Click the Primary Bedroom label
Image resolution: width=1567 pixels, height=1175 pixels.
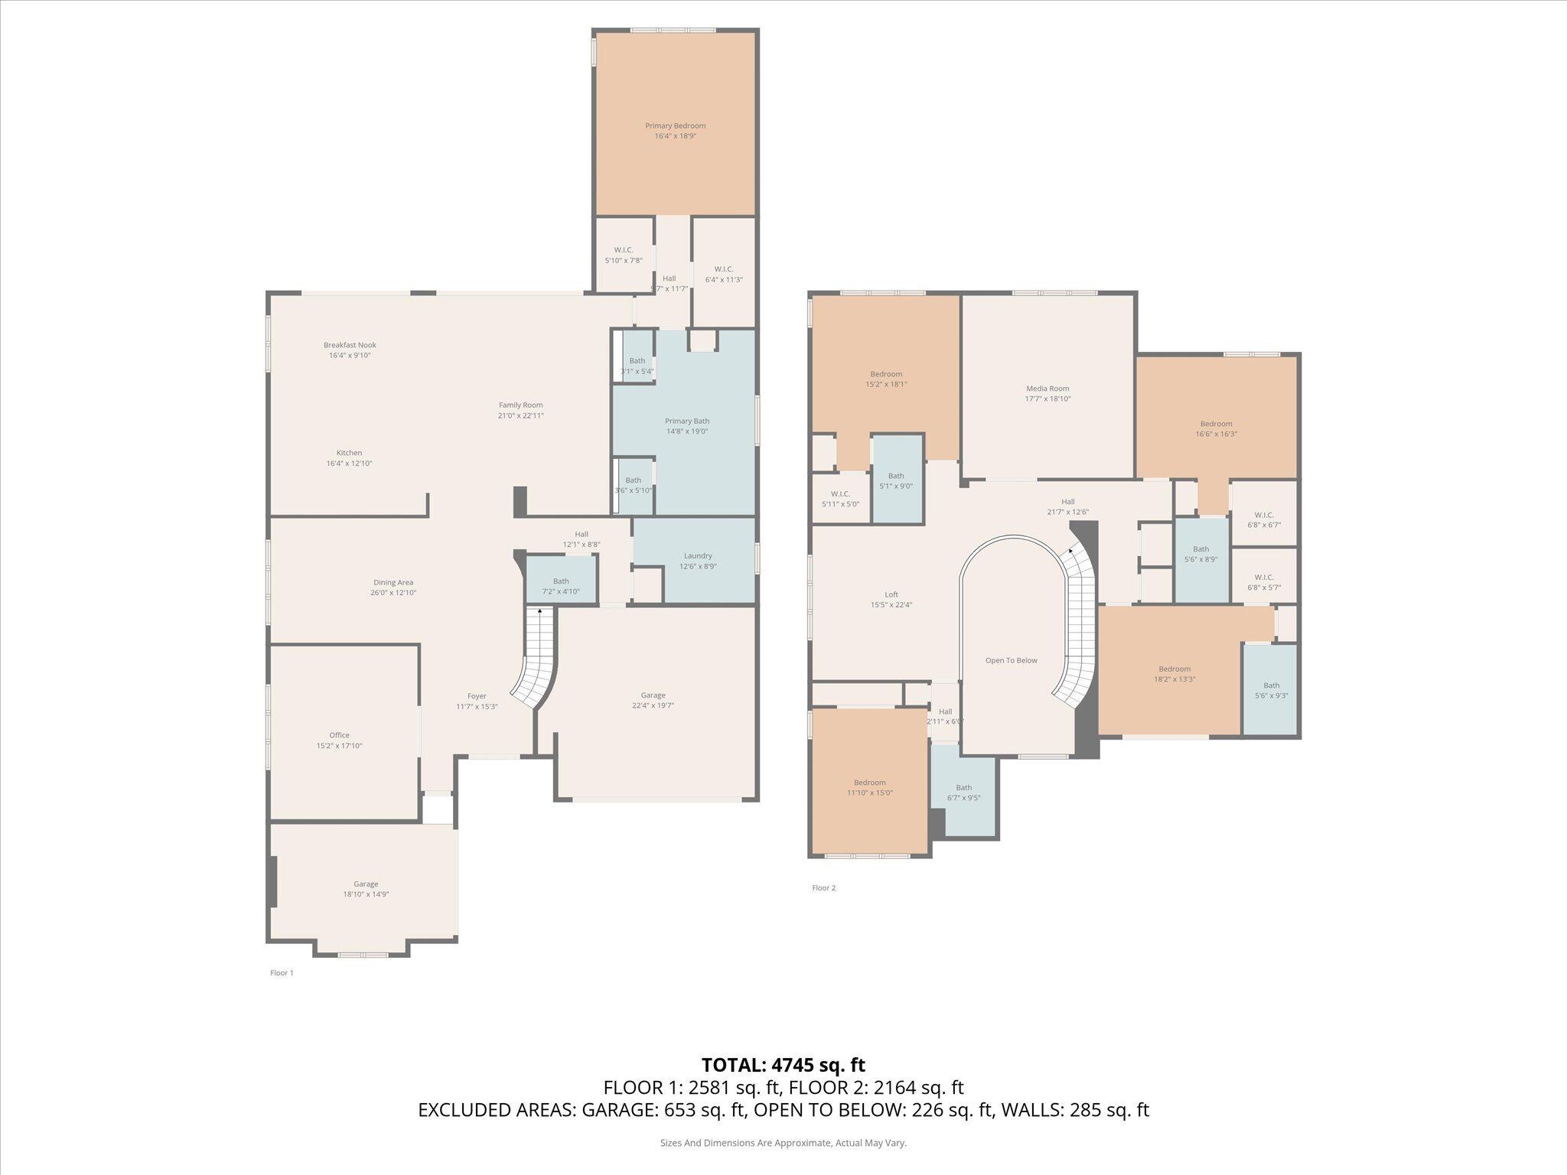(x=675, y=126)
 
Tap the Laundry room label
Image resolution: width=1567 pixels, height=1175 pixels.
(x=697, y=556)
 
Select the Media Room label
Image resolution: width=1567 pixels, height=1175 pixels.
(x=1047, y=389)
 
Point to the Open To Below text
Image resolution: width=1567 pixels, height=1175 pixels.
(x=1011, y=660)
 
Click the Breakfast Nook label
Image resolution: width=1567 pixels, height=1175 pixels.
(x=350, y=345)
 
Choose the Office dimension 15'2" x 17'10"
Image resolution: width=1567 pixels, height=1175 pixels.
(x=339, y=745)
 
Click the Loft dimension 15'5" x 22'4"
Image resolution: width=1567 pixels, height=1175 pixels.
(x=891, y=604)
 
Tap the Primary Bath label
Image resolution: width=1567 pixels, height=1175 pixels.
(x=686, y=421)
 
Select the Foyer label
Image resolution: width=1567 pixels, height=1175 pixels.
(x=477, y=696)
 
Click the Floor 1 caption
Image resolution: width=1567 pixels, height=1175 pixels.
(x=282, y=973)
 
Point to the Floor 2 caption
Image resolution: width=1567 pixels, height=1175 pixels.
(x=823, y=888)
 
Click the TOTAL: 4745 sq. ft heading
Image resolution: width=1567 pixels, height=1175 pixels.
(x=783, y=1065)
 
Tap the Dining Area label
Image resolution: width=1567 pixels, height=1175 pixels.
(x=393, y=582)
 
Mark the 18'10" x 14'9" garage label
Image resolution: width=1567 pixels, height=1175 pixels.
(x=366, y=894)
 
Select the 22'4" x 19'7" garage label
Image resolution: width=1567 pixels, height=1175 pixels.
(x=653, y=705)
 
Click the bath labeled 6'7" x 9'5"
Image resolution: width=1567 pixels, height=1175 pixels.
(x=963, y=793)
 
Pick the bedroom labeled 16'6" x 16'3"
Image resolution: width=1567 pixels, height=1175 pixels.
(x=1216, y=428)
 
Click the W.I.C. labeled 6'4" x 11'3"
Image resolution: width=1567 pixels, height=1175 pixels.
(x=723, y=274)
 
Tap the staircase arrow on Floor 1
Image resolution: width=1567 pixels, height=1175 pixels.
(x=539, y=611)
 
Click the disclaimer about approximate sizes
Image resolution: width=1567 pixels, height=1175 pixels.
(x=783, y=1143)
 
